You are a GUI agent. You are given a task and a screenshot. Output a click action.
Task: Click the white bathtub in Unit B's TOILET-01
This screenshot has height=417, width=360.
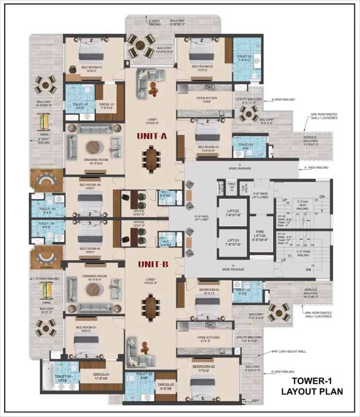[47, 375]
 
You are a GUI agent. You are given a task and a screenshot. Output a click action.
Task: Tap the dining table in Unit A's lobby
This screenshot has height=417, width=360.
[151, 159]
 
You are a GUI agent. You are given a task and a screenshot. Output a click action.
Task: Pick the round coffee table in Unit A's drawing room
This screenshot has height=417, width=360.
[94, 147]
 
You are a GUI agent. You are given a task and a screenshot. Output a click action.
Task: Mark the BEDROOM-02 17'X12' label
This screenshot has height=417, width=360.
[203, 369]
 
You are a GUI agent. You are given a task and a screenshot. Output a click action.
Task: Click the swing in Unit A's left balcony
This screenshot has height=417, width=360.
[44, 122]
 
